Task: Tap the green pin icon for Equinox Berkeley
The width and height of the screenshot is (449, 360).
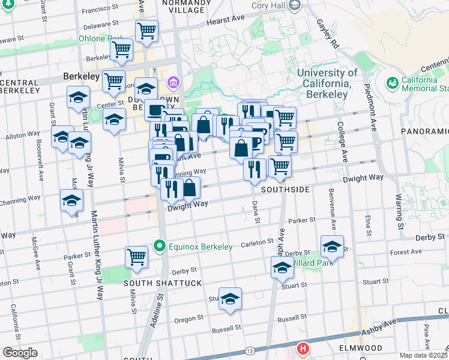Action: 160,245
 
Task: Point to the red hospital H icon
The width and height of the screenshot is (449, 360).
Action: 304,348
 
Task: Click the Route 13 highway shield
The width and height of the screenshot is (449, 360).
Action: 250,349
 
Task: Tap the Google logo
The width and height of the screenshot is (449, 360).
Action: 19,353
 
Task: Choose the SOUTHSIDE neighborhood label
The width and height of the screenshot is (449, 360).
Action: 285,189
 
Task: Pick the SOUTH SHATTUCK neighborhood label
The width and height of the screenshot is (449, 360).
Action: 153,282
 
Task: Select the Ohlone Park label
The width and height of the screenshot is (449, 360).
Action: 100,40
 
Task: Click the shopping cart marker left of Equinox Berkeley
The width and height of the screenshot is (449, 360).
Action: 136,256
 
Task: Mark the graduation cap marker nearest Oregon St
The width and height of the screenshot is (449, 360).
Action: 230,299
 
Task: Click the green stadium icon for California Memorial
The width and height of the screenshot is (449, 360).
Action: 393,82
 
